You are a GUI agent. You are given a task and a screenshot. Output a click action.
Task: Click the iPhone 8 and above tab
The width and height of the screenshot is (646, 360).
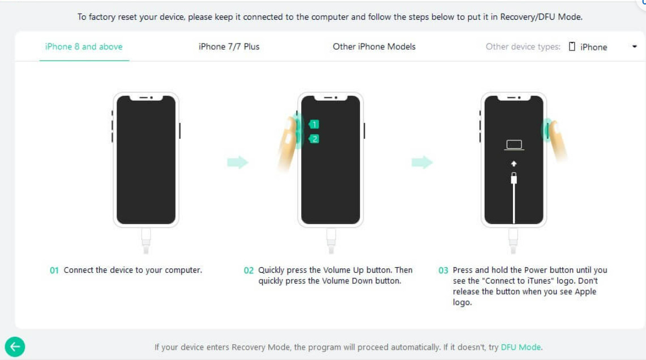point(84,46)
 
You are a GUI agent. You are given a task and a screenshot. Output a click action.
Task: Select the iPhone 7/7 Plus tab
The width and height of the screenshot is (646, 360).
point(229,46)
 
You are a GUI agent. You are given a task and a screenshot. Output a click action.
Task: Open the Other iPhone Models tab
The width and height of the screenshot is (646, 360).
point(374,46)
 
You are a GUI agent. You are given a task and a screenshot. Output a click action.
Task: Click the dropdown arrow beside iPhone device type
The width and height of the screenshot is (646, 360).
point(635,46)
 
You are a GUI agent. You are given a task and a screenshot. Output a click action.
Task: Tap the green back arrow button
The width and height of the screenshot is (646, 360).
point(15,347)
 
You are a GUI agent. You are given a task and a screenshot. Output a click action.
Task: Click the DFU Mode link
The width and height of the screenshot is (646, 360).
point(521,347)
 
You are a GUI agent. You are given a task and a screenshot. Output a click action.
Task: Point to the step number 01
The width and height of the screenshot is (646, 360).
point(54,270)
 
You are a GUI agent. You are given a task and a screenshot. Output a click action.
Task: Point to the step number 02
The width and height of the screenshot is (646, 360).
point(249,270)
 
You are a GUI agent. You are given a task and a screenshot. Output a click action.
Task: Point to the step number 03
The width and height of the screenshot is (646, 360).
point(443,270)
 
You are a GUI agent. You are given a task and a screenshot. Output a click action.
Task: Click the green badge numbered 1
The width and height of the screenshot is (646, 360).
point(314,124)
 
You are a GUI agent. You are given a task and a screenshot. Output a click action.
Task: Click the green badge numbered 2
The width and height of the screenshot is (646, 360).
point(314,139)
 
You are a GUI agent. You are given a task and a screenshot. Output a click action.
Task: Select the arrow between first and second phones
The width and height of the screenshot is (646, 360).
point(238,162)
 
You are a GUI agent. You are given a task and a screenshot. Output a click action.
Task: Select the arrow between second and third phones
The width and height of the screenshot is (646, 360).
point(422,162)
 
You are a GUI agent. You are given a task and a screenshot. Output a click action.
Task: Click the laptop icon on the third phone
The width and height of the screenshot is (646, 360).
point(514,144)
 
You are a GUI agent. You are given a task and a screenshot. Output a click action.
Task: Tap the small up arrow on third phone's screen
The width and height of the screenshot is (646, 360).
point(514,164)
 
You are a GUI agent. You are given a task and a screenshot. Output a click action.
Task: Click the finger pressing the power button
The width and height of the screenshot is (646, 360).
point(558,140)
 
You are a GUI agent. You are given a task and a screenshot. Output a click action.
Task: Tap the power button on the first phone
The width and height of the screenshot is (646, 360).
point(179,131)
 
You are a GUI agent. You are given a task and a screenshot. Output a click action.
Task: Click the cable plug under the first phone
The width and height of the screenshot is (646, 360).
point(146,241)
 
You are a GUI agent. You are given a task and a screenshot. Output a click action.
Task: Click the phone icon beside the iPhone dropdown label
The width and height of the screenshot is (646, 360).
point(572,46)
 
